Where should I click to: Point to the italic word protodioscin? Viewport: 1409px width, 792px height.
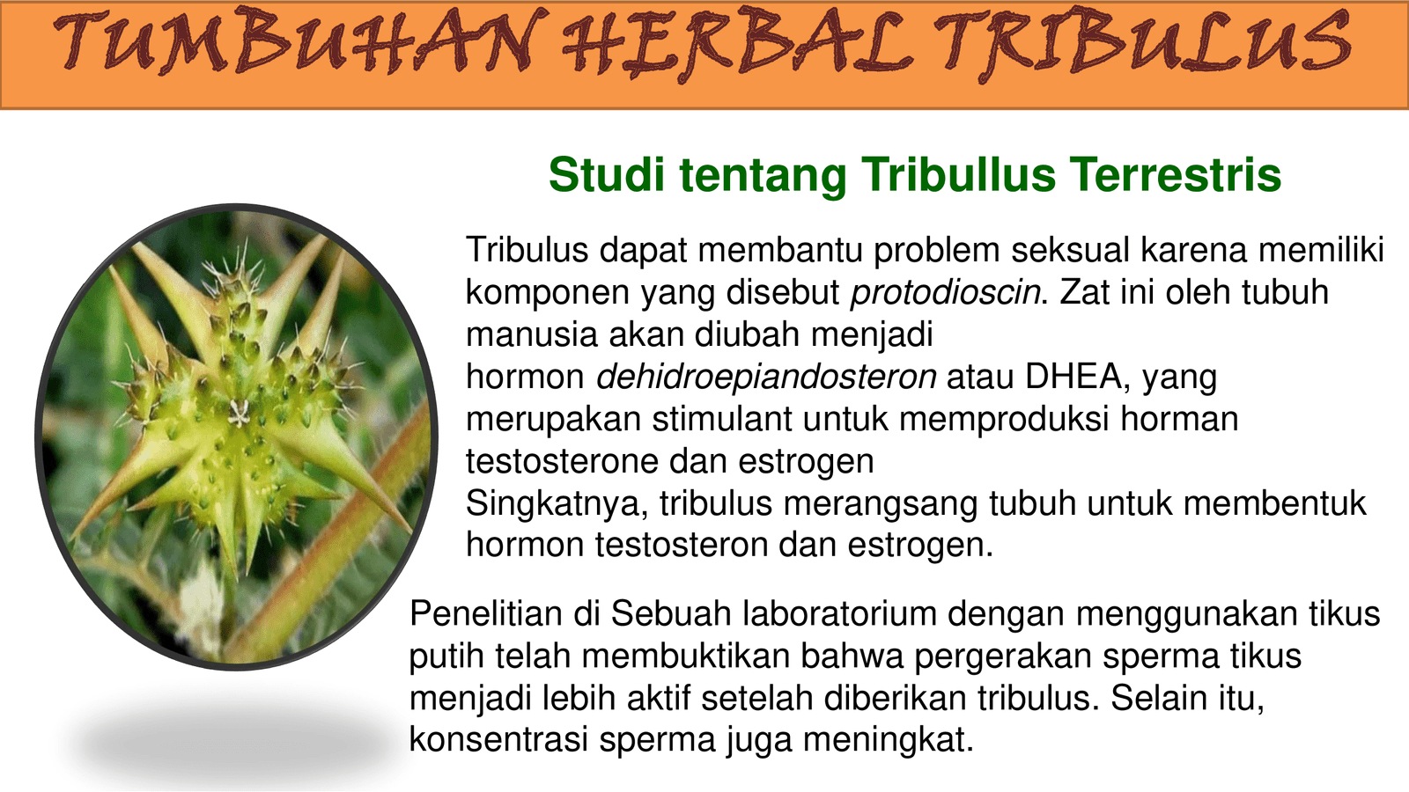click(946, 293)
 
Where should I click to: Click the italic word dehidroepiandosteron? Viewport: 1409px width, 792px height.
click(766, 377)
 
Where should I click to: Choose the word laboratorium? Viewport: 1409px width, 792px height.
click(840, 613)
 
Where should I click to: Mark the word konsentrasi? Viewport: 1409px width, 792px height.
click(498, 739)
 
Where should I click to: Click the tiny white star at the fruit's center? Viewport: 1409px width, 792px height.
click(239, 413)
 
